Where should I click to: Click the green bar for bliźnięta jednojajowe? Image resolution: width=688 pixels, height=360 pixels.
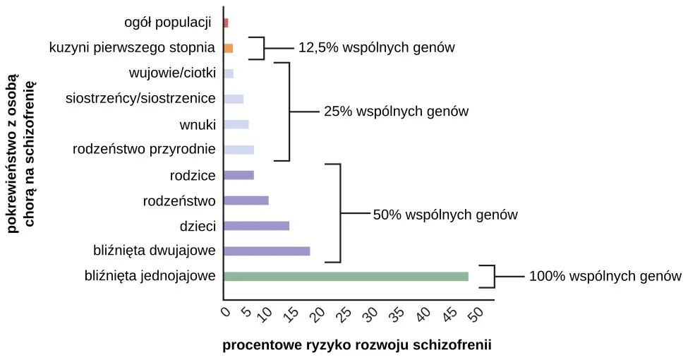point(346,277)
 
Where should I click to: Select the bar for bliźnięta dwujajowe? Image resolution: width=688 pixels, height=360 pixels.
point(267,251)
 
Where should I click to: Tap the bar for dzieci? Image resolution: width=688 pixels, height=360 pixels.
point(256,226)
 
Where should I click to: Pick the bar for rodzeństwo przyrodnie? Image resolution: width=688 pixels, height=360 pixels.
point(239,150)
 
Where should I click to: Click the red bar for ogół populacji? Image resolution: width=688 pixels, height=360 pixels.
point(226,23)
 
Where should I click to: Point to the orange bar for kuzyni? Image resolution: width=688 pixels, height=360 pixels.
point(228,49)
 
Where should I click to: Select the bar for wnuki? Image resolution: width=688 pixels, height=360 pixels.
point(236,125)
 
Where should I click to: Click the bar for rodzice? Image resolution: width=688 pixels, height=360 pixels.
point(239,175)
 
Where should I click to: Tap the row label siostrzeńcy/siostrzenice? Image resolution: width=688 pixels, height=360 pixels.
point(140,99)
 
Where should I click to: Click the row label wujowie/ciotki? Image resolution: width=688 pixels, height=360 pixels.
point(172,73)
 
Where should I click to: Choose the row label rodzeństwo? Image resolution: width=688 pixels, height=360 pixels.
point(179,201)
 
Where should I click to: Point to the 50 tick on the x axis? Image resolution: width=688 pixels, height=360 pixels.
point(476,313)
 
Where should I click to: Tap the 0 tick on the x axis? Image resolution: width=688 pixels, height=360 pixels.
point(226,311)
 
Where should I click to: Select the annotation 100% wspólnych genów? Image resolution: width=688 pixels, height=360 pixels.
point(605,277)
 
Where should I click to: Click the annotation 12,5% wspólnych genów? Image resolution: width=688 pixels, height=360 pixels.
point(376,48)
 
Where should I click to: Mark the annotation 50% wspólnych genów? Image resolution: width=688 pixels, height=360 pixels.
point(445,215)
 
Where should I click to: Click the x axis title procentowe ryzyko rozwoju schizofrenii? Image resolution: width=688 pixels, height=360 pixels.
point(356,345)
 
